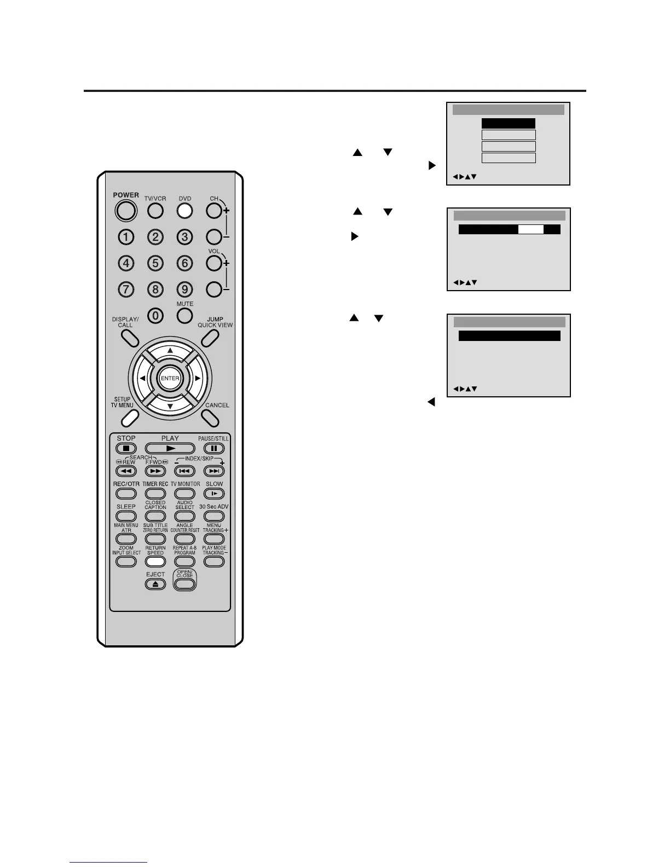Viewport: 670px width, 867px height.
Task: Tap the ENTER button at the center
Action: [x=170, y=378]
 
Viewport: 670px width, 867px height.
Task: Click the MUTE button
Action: [x=185, y=316]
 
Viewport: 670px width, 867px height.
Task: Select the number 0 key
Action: [x=156, y=316]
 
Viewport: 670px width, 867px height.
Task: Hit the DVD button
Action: [x=185, y=210]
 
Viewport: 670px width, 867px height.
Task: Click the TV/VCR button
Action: [x=155, y=210]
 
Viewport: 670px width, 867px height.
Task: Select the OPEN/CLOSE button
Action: [x=185, y=583]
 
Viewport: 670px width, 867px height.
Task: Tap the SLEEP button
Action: [x=126, y=516]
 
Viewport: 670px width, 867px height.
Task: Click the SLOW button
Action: [x=214, y=494]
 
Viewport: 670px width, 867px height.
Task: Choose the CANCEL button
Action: [x=210, y=418]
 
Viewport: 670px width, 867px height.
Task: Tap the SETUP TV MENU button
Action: [x=129, y=418]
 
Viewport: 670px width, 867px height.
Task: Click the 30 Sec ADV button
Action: [x=214, y=516]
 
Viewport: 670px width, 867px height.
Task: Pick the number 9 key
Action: [x=185, y=289]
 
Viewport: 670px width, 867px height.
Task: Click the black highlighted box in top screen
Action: [x=509, y=124]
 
